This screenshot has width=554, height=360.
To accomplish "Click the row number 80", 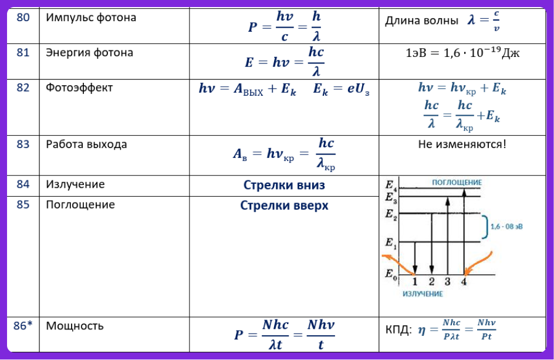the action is (x=23, y=18).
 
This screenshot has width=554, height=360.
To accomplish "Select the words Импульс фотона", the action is (x=91, y=18).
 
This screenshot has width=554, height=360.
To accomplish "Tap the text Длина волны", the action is (x=421, y=21).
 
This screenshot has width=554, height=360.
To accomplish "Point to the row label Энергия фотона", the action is (x=90, y=53).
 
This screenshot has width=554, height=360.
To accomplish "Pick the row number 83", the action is (x=23, y=144).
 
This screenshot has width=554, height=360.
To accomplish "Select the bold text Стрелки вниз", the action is (x=284, y=185).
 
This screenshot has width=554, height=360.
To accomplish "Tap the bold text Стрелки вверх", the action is (x=284, y=206).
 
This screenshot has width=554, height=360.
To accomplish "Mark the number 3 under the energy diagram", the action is (x=448, y=282).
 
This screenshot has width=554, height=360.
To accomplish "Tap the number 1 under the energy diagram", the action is (x=415, y=282).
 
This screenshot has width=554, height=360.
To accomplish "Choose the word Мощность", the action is (x=75, y=326).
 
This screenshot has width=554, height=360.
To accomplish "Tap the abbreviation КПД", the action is (x=398, y=330).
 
